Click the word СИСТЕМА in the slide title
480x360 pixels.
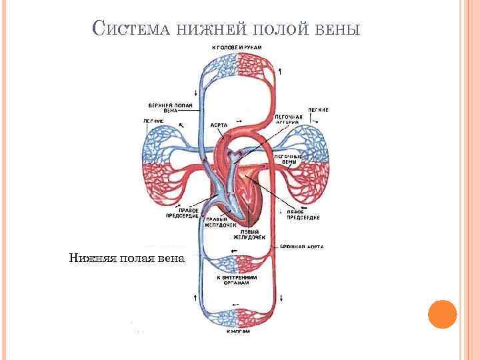134,29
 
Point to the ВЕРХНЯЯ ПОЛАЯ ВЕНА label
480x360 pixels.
171,108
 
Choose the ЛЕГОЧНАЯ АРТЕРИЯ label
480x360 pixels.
289,119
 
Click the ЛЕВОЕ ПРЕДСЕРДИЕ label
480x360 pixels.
303,214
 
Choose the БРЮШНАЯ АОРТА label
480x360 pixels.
301,247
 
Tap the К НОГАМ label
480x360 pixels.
237,331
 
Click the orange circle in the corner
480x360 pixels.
441,313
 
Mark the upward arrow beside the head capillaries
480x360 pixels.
281,71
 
